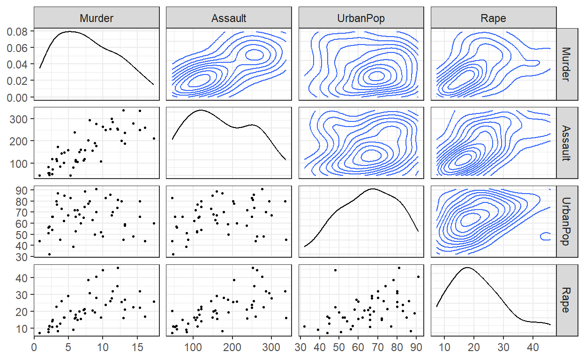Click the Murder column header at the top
click(97, 18)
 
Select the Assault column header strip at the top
click(229, 18)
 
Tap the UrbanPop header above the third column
click(361, 18)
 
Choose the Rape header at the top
click(493, 18)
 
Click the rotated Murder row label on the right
click(566, 64)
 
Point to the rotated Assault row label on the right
click(566, 142)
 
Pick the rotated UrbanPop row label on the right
click(566, 221)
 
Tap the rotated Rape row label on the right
click(566, 300)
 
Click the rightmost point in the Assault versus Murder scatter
click(154, 138)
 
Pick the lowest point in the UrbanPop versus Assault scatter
click(173, 254)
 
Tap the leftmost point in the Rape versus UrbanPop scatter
click(304, 326)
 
